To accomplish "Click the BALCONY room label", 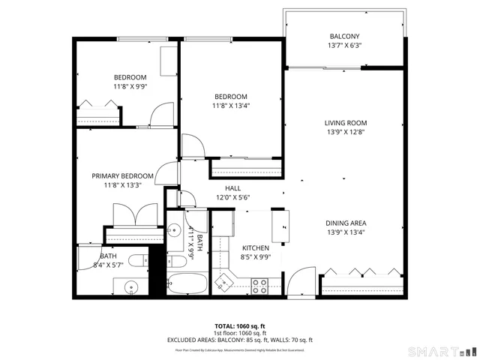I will tap(345, 37).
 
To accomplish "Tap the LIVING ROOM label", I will tap(346, 123).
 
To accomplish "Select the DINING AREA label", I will tap(346, 223).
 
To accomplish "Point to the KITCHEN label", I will tap(255, 248).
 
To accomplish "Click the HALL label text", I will tap(232, 188).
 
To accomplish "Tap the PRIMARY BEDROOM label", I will tap(122, 175).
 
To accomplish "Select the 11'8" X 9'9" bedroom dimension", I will tap(130, 87).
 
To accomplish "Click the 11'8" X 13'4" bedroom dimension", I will tap(231, 106).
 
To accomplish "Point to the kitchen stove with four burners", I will tap(259, 286).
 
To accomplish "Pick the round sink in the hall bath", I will tap(174, 230).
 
